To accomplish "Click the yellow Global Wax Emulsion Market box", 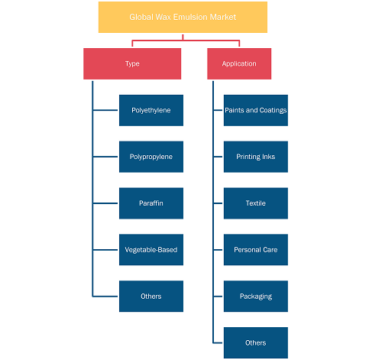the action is pos(183,17).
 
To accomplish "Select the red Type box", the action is pos(132,63).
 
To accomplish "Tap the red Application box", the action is pos(239,63).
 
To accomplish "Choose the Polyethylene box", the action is pos(151,110).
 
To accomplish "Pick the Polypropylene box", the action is pos(151,157).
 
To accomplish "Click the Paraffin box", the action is pos(151,203).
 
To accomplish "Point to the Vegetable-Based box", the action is pos(151,250).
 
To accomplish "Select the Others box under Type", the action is pos(151,297).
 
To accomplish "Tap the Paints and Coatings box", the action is pos(256,110).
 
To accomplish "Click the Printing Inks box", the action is pos(256,157).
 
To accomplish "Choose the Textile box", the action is pos(256,203).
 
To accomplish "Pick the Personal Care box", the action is pos(256,250).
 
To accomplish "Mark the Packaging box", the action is pos(256,297).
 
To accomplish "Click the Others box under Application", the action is pos(256,342).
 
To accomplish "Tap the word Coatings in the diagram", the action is pos(273,111).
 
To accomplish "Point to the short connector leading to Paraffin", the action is pos(105,203).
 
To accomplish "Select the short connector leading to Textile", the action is pos(218,203).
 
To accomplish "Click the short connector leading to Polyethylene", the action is pos(105,110).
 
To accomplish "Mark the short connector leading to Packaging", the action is pos(218,297).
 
